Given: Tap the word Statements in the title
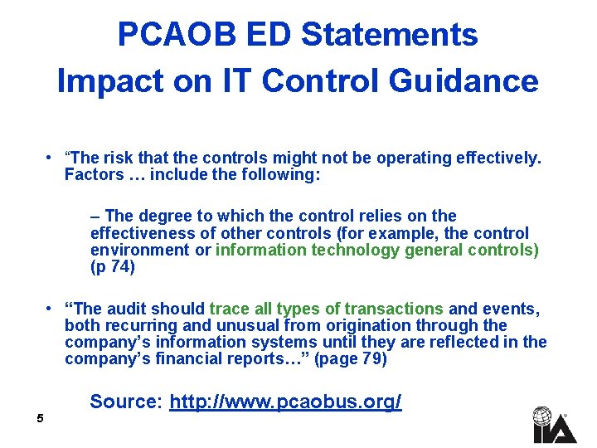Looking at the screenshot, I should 389,35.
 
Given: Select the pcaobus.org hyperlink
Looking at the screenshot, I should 285,402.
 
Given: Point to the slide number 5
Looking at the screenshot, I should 39,419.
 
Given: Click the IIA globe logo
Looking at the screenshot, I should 543,424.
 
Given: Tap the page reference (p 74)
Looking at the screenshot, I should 112,267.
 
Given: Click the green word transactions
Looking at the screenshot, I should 394,309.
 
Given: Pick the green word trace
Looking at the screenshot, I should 229,309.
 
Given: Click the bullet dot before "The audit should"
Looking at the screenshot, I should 51,309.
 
